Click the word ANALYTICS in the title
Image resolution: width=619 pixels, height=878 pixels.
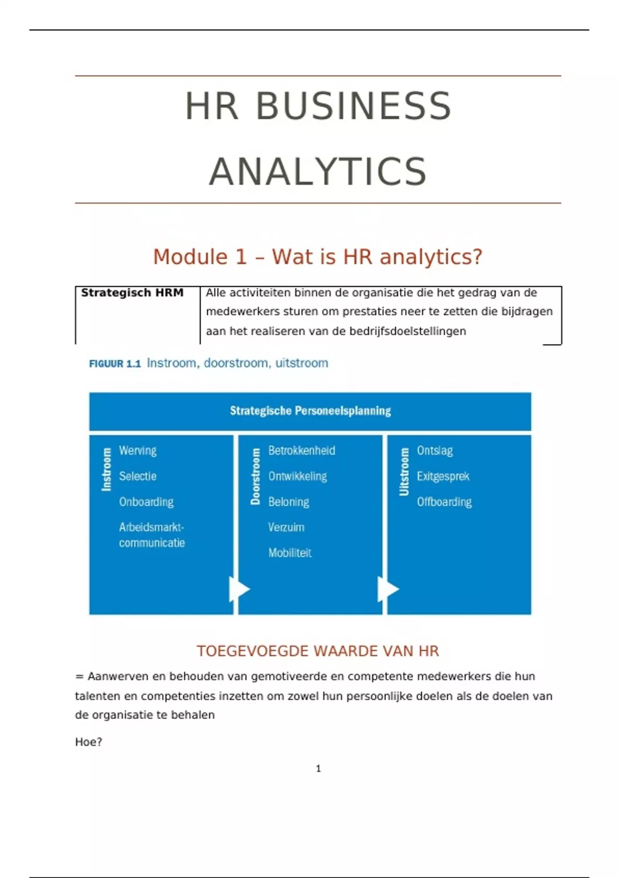(318, 172)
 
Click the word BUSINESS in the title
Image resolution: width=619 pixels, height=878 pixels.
(354, 106)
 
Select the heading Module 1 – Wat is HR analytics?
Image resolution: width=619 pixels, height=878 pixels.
(317, 257)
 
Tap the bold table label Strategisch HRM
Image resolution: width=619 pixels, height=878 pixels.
(132, 293)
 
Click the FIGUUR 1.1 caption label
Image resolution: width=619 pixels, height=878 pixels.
(115, 364)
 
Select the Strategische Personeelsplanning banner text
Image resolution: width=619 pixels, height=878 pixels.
(310, 411)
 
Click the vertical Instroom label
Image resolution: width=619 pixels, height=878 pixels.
(106, 469)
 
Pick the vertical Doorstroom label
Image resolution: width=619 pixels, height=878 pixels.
(255, 476)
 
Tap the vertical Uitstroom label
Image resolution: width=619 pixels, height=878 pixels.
(404, 472)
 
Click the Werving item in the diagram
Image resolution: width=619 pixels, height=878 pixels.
(138, 450)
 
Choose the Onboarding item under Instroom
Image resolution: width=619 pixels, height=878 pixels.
(146, 502)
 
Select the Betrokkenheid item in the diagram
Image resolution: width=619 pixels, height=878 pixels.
(302, 450)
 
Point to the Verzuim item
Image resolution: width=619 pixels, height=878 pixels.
(286, 527)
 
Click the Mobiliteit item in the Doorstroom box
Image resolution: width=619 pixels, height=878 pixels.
(290, 553)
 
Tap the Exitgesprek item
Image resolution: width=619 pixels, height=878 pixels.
(443, 476)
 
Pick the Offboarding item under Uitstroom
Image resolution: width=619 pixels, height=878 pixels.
(444, 502)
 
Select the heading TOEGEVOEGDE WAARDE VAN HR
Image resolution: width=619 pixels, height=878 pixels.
(318, 651)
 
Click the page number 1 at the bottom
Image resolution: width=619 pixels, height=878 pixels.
(318, 769)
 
